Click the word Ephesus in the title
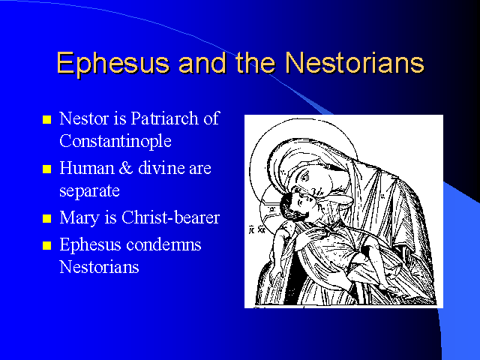click(112, 63)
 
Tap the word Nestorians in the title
click(355, 62)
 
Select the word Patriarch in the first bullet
click(165, 118)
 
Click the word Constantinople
click(115, 141)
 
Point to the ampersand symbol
click(125, 168)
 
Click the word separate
click(89, 191)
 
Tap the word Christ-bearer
click(170, 217)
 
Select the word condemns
click(163, 244)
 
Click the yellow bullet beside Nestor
click(46, 119)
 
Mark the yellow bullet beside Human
click(46, 169)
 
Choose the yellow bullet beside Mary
click(46, 218)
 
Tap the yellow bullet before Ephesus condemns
click(46, 245)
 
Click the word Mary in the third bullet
click(79, 218)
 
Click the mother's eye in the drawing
click(305, 177)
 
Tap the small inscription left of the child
click(256, 229)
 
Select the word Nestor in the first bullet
click(84, 118)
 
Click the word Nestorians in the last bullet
click(99, 267)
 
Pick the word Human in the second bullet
click(87, 168)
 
